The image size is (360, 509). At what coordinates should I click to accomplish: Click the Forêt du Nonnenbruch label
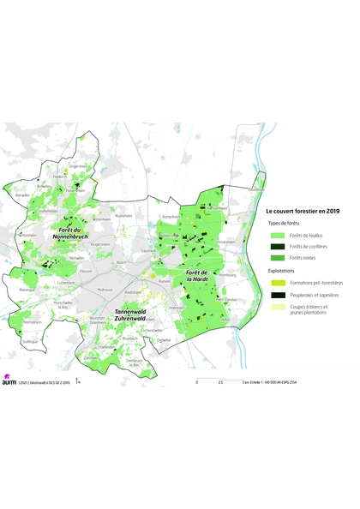click(69, 234)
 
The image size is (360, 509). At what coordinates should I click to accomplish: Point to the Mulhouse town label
click(105, 290)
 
